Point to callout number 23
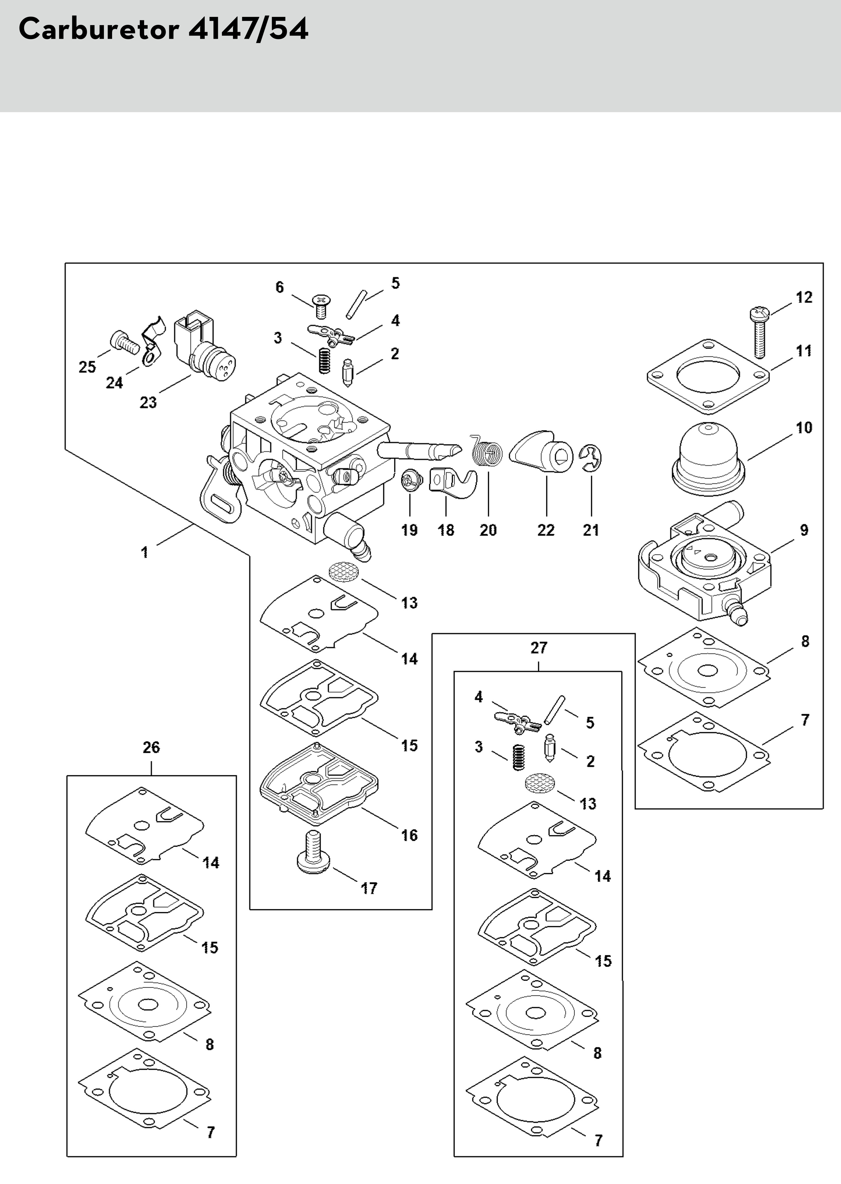(148, 402)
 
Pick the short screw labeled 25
(124, 342)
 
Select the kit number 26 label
(151, 747)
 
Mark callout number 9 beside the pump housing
(804, 530)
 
